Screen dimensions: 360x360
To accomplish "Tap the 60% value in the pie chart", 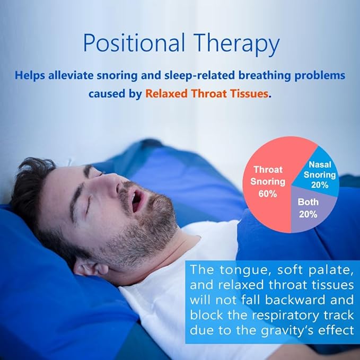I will pyautogui.click(x=268, y=194).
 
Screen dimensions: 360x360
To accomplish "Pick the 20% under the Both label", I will pyautogui.click(x=308, y=214).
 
